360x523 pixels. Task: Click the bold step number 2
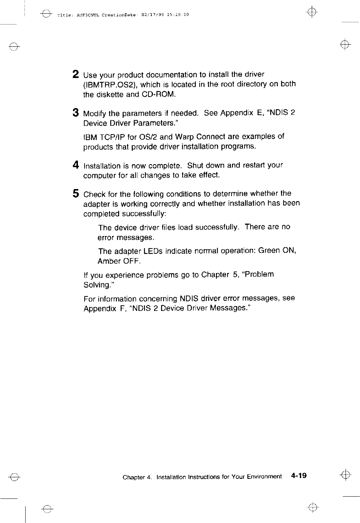click(x=76, y=74)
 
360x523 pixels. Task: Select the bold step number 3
click(x=76, y=113)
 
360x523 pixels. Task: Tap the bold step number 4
click(x=76, y=165)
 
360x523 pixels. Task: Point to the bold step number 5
click(x=76, y=194)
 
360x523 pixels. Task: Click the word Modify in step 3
click(x=95, y=113)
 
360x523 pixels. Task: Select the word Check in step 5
click(x=95, y=194)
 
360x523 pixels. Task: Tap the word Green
click(x=269, y=251)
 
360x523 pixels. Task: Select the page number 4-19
click(x=299, y=475)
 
